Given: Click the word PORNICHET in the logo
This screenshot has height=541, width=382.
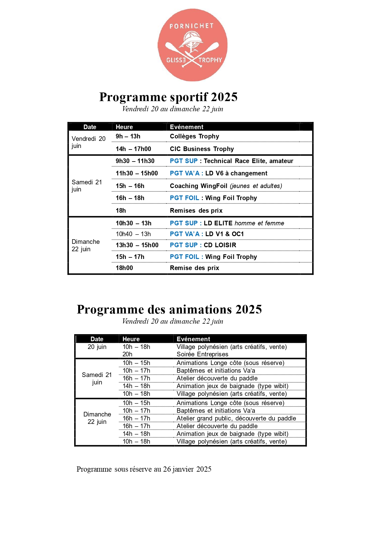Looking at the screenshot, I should tap(191, 26).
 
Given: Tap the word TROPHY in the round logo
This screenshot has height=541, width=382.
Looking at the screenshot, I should tap(210, 60).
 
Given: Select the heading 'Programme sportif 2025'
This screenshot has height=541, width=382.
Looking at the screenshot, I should tap(168, 97).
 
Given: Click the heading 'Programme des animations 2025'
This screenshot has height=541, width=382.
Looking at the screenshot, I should tap(169, 309).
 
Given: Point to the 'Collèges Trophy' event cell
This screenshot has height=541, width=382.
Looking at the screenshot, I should tap(195, 136).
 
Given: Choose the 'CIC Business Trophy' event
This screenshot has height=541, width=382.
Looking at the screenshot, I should tap(202, 149).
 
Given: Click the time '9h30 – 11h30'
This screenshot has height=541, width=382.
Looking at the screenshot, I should tap(135, 161).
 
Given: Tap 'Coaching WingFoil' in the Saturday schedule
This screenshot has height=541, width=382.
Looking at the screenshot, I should tap(199, 186).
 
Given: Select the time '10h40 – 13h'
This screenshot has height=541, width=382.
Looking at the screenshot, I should tap(133, 234).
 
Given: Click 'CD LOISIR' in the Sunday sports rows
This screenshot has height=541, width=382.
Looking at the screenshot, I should tap(220, 245).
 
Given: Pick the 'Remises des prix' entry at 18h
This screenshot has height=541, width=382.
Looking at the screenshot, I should tap(196, 211).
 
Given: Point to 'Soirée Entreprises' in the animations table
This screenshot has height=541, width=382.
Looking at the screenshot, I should tap(202, 354).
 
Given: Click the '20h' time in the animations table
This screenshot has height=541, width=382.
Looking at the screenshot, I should tap(127, 354).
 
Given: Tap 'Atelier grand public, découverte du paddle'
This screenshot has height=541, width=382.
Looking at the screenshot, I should tap(236, 418).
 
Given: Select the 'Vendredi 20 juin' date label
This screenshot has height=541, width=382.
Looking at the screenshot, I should tap(88, 142).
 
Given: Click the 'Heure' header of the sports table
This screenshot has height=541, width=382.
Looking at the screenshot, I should tap(124, 127).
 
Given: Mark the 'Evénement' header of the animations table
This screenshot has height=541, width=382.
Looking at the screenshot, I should tap(193, 339).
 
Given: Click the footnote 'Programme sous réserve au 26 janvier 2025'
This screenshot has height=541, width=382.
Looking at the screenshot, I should tap(144, 469).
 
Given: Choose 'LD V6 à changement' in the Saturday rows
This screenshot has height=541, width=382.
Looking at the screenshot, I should tap(236, 173).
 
